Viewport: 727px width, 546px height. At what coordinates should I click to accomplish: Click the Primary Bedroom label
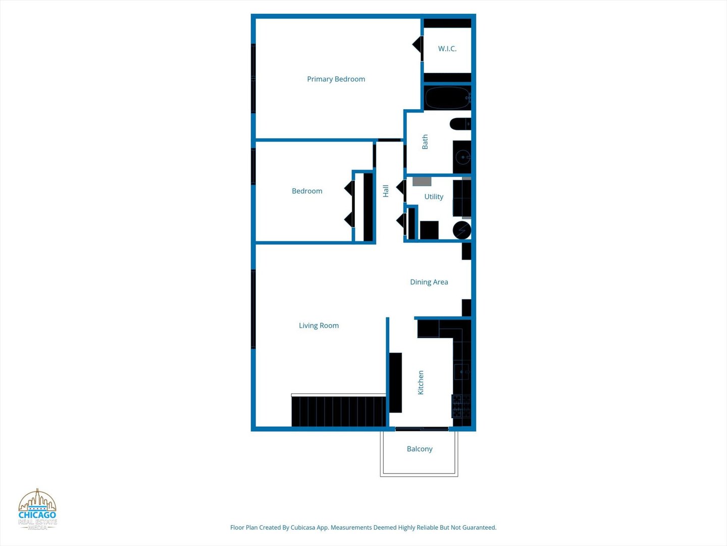pos(336,79)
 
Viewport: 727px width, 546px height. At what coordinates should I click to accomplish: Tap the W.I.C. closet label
pos(447,49)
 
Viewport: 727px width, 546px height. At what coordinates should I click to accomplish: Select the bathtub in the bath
pos(447,98)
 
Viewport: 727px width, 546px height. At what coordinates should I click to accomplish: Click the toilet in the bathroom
pos(460,124)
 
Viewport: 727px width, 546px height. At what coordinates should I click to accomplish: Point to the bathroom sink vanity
pos(462,157)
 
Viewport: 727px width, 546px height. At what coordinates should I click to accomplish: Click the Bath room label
pos(425,142)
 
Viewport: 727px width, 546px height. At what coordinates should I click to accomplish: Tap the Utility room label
pos(434,197)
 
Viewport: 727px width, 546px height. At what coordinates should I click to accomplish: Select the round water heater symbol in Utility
pos(462,230)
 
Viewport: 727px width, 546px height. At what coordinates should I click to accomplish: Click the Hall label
pos(386,191)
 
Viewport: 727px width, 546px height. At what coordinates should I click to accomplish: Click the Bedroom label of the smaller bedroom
pos(307,191)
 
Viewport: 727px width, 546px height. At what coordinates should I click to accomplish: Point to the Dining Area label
pos(429,282)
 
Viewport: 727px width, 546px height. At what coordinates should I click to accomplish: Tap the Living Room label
pos(319,326)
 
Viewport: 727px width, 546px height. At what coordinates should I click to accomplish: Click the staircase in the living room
pos(338,411)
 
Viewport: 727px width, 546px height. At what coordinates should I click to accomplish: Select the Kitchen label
pos(421,382)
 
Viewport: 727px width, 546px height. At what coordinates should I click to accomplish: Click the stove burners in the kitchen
pos(461,406)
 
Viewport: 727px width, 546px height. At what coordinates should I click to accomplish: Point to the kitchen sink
pos(461,372)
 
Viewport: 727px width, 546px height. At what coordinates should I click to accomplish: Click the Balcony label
pos(420,449)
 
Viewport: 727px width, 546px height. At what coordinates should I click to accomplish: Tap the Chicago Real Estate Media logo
pos(37,510)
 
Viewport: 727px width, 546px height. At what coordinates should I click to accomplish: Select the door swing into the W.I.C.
pos(418,45)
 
